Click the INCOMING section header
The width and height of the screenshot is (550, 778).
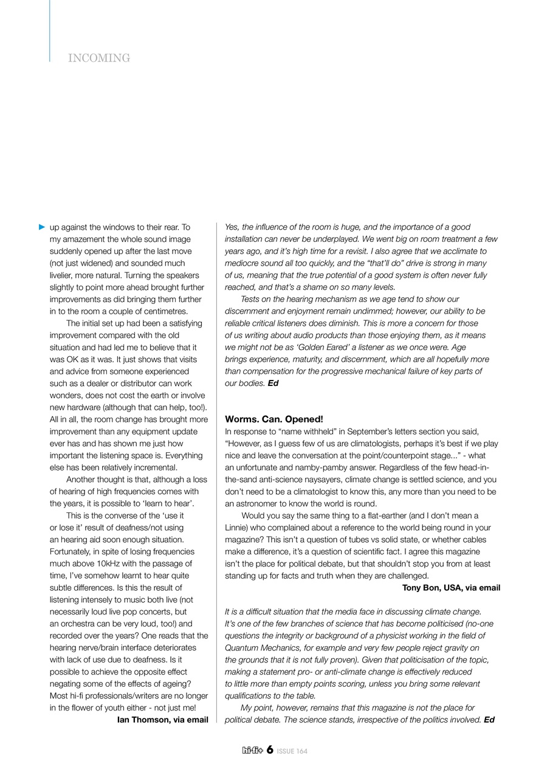[99, 58]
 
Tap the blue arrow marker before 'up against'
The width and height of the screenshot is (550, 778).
[42, 227]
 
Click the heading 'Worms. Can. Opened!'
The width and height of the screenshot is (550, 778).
[274, 419]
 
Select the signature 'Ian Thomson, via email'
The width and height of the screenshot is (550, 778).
[162, 720]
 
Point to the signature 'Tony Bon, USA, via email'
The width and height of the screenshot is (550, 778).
[451, 588]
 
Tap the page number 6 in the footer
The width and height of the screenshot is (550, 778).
[269, 750]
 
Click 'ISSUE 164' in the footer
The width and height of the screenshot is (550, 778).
[292, 751]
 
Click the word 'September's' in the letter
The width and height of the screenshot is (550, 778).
[352, 432]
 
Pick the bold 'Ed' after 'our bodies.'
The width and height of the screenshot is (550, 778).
[273, 384]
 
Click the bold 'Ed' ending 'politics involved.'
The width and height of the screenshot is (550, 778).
[489, 720]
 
